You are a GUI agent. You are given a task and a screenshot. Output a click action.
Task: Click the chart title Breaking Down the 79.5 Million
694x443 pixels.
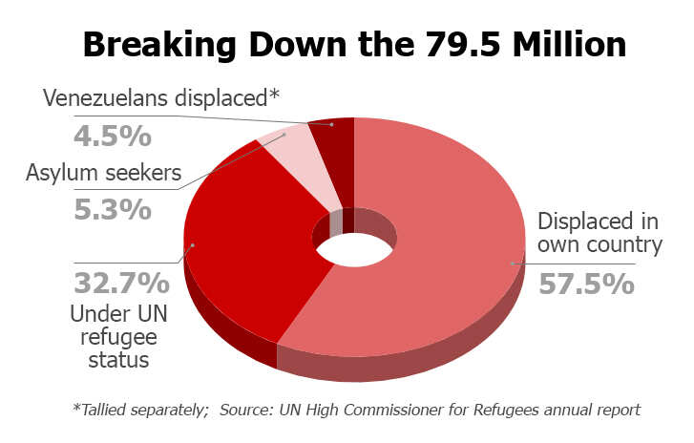click(x=354, y=44)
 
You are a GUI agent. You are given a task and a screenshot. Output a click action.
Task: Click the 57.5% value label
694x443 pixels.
click(x=586, y=284)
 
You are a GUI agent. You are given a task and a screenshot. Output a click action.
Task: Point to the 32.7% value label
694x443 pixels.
click(x=121, y=284)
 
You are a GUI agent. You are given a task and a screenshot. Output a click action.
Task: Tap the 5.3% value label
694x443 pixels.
click(x=112, y=208)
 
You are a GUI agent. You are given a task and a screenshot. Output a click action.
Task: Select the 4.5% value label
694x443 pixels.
click(x=112, y=135)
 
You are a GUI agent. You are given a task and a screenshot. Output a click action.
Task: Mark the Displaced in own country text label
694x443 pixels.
click(x=599, y=233)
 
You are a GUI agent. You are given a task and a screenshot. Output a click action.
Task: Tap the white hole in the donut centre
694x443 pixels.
click(x=354, y=250)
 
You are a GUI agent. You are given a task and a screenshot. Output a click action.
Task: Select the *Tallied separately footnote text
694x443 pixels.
click(x=139, y=410)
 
